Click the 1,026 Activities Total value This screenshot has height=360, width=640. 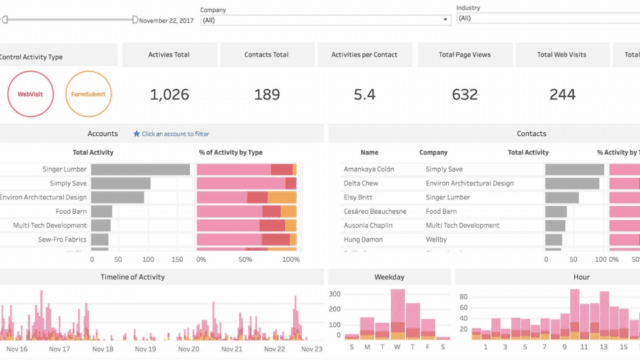point(169,95)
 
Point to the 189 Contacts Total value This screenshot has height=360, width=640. point(266,95)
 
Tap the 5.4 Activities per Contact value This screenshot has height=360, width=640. point(364,95)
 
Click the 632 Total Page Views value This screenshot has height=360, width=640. point(464,95)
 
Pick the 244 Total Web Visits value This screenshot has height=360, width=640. point(561,95)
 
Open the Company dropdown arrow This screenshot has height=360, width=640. point(445,20)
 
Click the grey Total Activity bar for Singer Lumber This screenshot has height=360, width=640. point(140,169)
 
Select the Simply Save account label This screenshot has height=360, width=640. point(68,184)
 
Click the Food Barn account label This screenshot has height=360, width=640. point(71,212)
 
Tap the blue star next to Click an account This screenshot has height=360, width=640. point(136,134)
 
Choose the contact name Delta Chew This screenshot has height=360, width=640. point(361,184)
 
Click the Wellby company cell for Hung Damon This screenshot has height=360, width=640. point(436,239)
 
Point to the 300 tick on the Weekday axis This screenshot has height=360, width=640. point(334,294)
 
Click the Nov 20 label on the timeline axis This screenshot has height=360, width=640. point(187,349)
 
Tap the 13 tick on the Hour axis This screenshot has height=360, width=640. point(604,346)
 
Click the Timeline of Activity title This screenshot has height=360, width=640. point(133,277)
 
